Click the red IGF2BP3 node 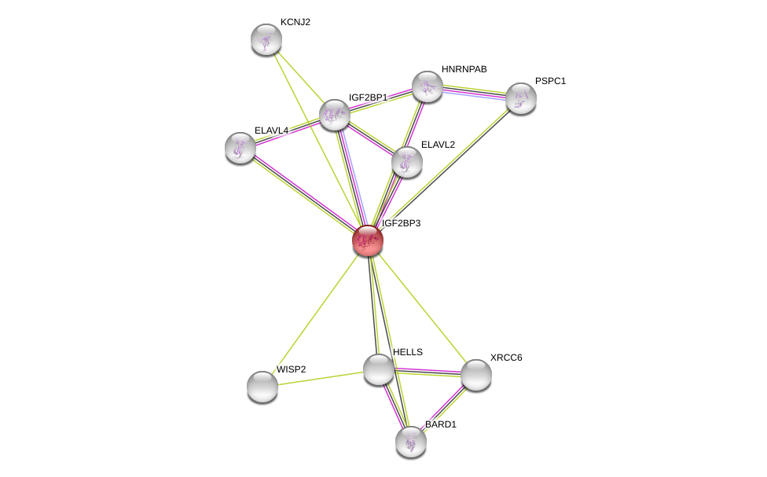click(367, 240)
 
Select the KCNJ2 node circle click(266, 39)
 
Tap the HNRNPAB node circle click(428, 86)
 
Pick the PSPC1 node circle click(520, 98)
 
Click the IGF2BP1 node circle click(334, 115)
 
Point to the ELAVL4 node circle click(240, 148)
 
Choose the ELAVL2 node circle click(406, 162)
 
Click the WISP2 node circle click(262, 386)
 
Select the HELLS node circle click(378, 369)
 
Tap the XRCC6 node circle click(475, 375)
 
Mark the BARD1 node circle click(411, 442)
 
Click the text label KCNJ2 click(295, 22)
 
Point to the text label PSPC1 click(550, 81)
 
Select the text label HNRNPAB click(464, 69)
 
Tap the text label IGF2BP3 click(401, 223)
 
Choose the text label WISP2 click(291, 369)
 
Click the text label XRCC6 click(506, 358)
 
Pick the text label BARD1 click(440, 424)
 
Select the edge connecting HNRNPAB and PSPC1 click(474, 92)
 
